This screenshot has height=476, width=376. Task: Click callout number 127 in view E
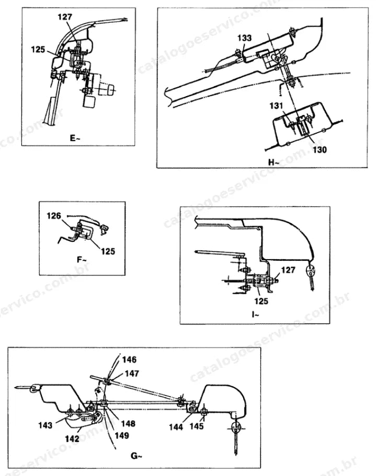point(65,17)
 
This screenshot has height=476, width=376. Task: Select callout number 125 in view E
point(38,50)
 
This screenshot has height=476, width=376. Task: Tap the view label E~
point(75,138)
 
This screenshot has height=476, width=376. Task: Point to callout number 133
point(245,38)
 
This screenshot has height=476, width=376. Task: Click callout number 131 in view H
point(277,106)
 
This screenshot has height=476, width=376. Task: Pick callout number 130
point(320,149)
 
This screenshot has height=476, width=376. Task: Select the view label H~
point(274,162)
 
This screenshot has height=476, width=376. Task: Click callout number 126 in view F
point(54,216)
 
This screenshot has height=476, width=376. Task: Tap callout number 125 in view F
point(108,251)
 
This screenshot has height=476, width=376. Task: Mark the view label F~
point(82,260)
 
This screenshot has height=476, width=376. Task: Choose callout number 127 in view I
point(288,270)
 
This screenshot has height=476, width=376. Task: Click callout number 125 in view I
point(261,301)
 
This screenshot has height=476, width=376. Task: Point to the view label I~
point(255,315)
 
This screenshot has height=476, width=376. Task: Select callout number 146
point(129,359)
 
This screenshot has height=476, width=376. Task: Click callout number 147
point(131,374)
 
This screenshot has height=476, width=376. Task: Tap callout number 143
point(45,425)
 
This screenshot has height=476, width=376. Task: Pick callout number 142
point(72,439)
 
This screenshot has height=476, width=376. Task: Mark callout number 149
point(122,436)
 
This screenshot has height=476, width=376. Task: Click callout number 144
point(176,427)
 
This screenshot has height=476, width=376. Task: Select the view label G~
point(136,456)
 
